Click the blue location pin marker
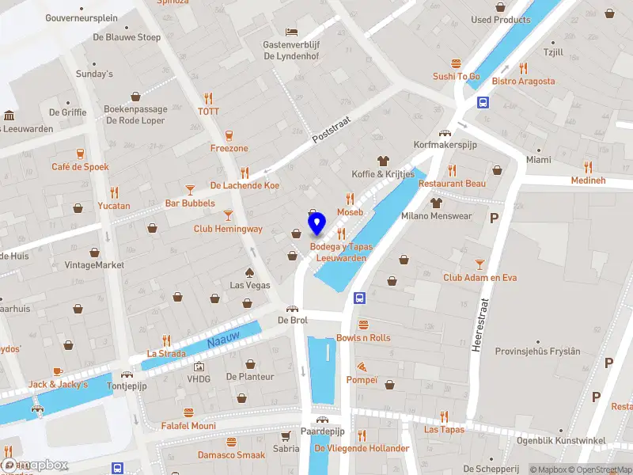point(316,225)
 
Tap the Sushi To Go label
point(457,76)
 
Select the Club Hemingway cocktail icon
point(228,215)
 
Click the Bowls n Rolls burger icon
point(363,325)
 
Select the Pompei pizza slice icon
point(362,367)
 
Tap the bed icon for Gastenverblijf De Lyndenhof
point(292,32)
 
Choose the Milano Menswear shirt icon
point(436,203)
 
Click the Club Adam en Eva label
point(479,278)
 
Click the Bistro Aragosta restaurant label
point(523,81)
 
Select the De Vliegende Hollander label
point(362,448)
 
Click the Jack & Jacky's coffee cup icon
point(58,370)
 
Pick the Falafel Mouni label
point(189,425)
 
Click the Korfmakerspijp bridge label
point(446,145)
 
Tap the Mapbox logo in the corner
point(36,465)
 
